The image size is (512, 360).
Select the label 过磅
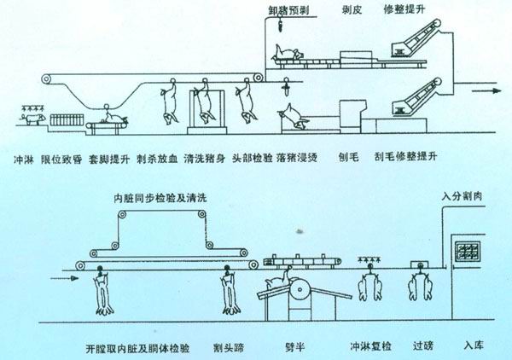pyautogui.click(x=422, y=347)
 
